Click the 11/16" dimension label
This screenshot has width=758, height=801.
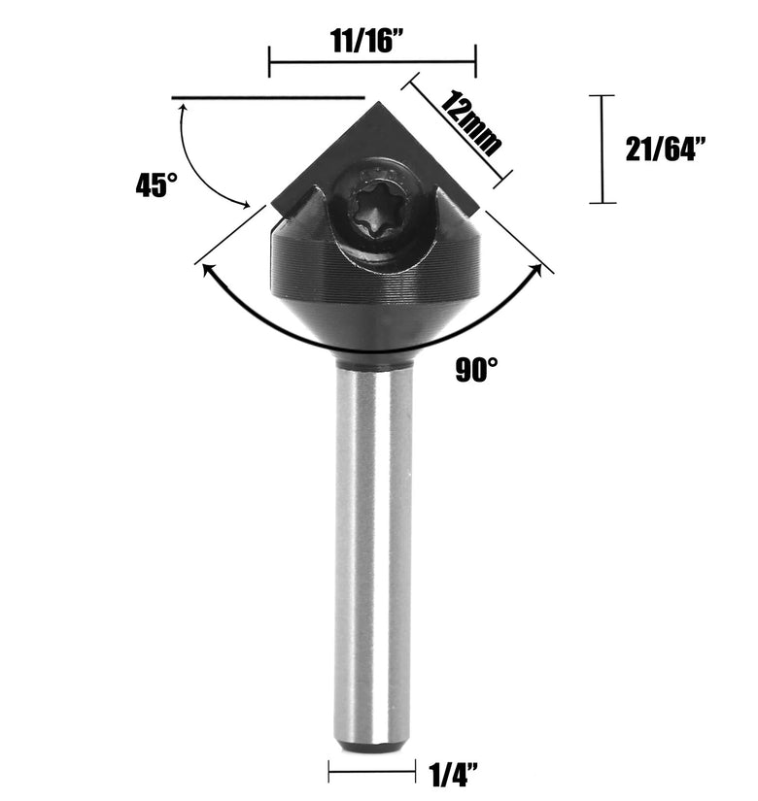coord(367,41)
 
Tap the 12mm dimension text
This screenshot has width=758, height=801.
coord(470,123)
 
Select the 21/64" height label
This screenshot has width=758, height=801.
coord(666,150)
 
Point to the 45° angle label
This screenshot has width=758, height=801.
coord(156,184)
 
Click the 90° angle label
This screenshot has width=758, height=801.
coord(476,369)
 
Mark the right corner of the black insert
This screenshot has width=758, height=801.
coord(479,209)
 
